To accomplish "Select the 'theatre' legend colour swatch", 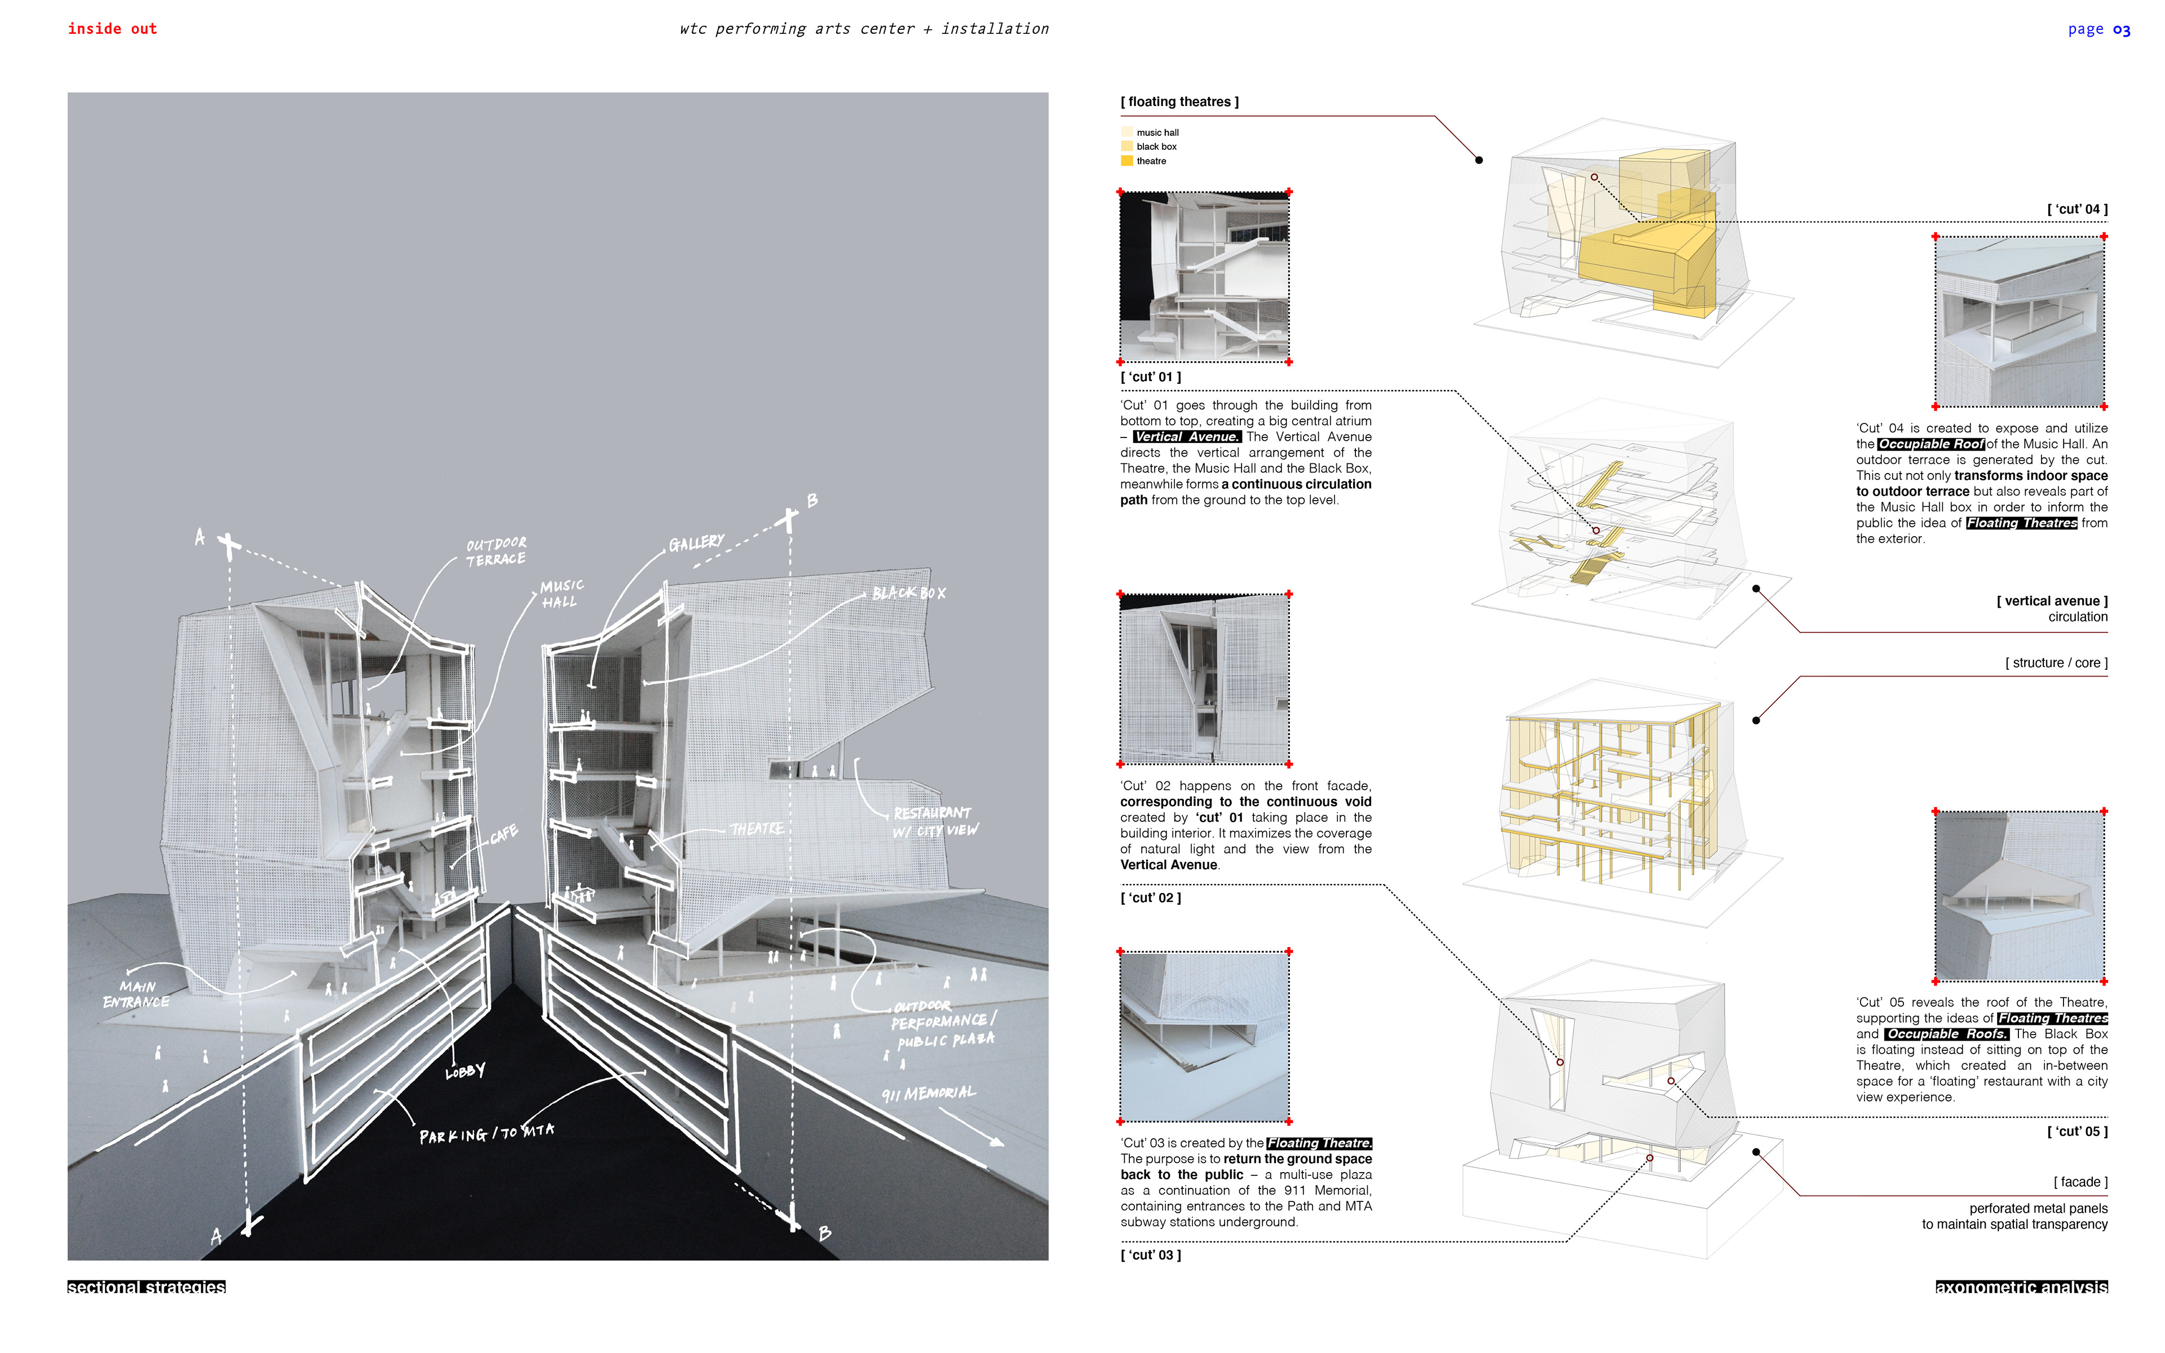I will coord(1126,161).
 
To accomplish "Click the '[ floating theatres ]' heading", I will coord(1179,102).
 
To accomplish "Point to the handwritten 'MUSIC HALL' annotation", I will coord(561,593).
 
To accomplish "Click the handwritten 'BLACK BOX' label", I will coord(908,593).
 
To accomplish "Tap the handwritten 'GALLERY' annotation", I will coord(696,543).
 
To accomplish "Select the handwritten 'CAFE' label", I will coord(503,835).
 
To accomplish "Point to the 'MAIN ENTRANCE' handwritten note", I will coord(135,994).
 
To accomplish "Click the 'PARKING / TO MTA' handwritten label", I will coord(487,1134).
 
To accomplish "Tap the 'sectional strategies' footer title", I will coord(147,1287).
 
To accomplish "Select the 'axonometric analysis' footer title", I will coord(2021,1287).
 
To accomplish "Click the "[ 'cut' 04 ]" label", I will coord(2076,209).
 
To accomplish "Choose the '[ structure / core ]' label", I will coord(2056,663).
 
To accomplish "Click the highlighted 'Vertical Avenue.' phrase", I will coord(1186,437).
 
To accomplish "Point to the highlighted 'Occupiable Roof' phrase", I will coord(1930,444).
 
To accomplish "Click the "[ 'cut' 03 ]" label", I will coord(1151,1254).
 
